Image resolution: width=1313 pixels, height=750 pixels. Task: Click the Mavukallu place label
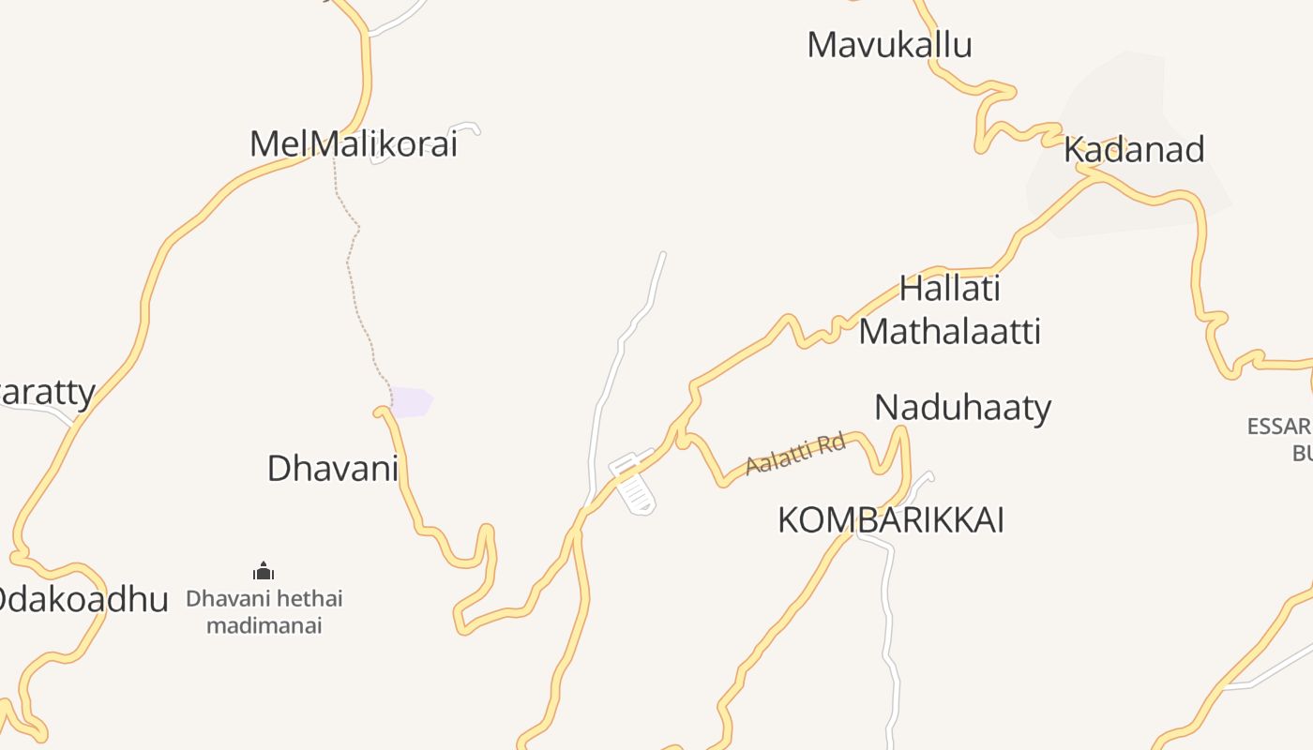889,45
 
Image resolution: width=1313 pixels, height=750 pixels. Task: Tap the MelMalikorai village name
354,144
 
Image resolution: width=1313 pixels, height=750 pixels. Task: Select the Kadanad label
1134,150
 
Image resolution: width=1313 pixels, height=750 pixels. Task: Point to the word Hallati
950,289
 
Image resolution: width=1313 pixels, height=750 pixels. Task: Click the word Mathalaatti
949,332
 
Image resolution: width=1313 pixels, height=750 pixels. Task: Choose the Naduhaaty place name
962,408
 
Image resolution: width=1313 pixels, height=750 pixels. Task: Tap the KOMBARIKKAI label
890,520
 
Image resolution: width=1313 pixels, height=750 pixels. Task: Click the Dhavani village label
333,468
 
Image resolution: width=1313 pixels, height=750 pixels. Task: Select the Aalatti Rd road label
795,453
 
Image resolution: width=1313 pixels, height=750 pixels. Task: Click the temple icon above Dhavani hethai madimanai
264,571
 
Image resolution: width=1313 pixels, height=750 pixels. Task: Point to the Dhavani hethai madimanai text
264,611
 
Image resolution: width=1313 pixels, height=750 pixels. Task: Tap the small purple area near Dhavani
411,402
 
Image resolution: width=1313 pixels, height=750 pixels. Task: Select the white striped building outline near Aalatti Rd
634,482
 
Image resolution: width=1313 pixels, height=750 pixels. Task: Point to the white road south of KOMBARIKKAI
887,619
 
